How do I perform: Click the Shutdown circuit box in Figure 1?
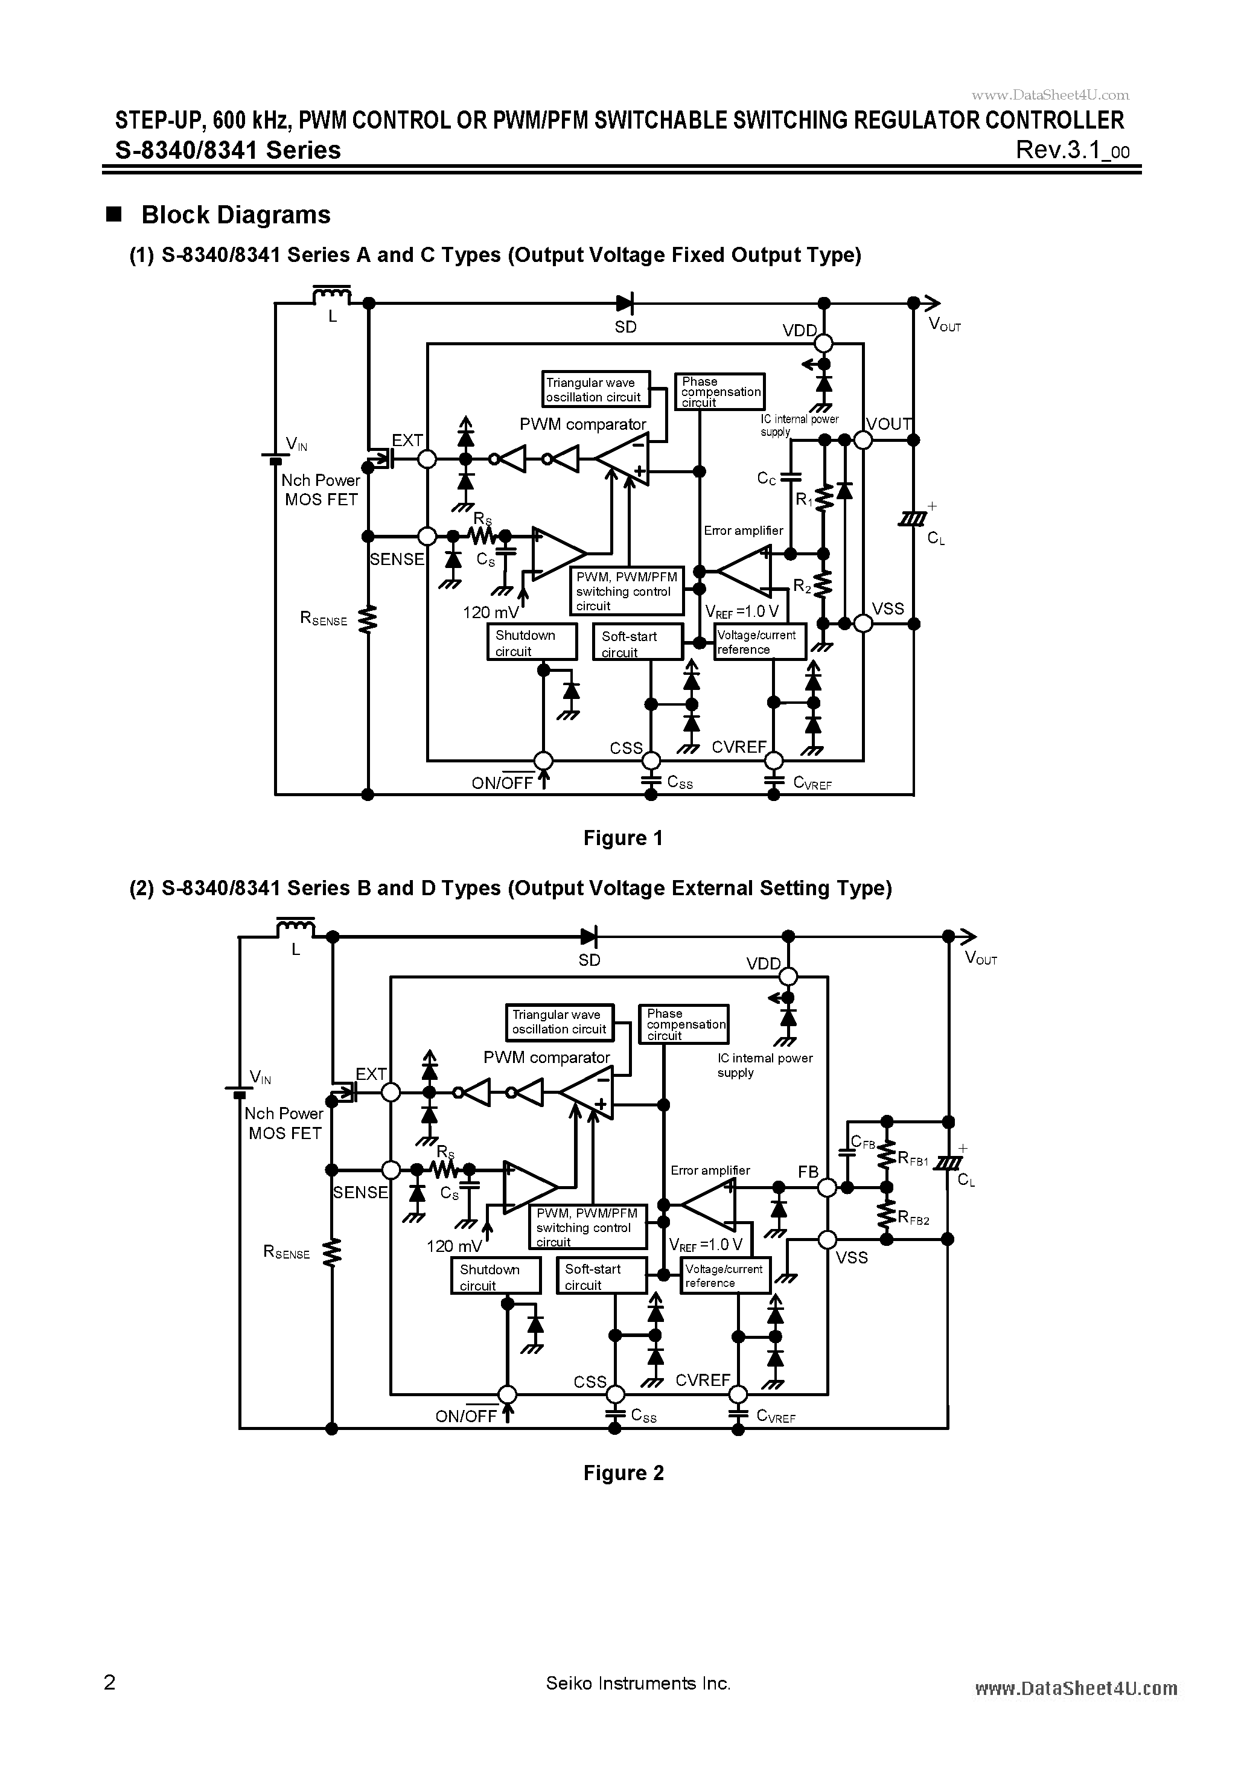coord(532,642)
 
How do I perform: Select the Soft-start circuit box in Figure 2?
coord(603,1276)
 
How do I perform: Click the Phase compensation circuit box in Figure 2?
coord(683,1024)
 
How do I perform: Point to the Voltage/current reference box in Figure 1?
coord(759,642)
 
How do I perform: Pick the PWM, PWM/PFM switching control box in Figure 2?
coord(587,1227)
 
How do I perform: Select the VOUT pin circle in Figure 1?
coord(863,439)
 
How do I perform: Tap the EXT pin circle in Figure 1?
coord(427,459)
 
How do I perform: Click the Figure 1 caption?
coord(623,838)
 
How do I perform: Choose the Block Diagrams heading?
coord(235,215)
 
